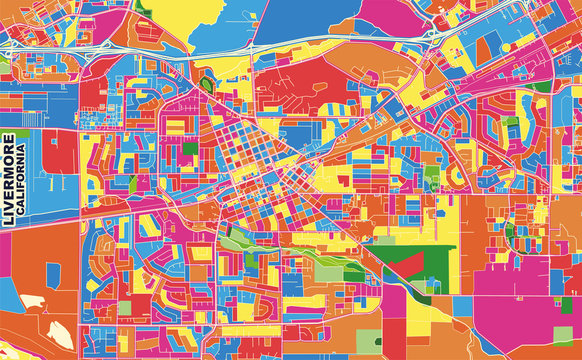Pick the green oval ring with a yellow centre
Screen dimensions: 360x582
207,84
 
